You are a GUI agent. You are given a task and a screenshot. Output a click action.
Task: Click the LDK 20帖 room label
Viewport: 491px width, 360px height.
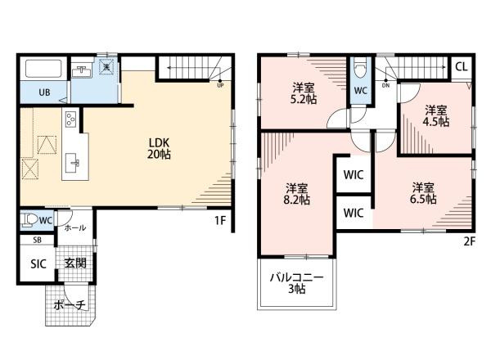coord(159,148)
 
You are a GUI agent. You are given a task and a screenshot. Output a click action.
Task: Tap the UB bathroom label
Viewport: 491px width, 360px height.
coord(44,92)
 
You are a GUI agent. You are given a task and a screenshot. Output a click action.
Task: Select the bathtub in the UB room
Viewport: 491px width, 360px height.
coord(43,68)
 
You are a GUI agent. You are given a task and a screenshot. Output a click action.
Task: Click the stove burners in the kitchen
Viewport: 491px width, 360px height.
coord(70,119)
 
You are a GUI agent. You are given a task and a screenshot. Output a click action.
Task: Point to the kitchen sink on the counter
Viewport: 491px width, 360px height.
coord(74,163)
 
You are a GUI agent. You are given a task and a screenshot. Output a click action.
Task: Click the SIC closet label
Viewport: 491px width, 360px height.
coord(38,264)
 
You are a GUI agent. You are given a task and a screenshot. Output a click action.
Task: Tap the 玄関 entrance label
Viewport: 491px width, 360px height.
coord(75,263)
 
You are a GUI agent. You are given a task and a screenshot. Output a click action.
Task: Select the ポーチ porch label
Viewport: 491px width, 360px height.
coord(70,304)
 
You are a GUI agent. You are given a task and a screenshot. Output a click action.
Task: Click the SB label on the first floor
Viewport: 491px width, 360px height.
coord(38,240)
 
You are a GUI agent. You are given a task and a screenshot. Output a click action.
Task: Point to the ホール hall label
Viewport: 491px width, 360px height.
coord(75,227)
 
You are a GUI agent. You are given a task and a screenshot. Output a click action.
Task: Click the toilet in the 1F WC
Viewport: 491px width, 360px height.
coord(28,219)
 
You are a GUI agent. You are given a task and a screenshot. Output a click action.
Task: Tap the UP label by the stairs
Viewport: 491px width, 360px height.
coord(220,85)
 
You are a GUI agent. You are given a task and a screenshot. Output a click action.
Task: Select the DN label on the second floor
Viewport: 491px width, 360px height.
coord(385,85)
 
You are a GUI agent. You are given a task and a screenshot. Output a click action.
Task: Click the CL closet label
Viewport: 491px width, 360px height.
coord(462,66)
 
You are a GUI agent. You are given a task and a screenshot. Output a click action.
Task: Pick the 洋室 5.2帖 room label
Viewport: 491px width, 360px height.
coord(304,93)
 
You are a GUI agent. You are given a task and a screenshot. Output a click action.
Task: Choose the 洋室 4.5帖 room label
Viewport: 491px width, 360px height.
coord(436,116)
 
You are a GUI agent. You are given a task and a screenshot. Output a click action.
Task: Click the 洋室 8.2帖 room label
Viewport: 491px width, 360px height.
coord(296,194)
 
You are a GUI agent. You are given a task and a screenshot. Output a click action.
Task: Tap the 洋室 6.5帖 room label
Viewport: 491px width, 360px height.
coord(423,193)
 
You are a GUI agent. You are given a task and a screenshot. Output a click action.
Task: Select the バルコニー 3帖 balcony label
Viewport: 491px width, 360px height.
coord(296,283)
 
